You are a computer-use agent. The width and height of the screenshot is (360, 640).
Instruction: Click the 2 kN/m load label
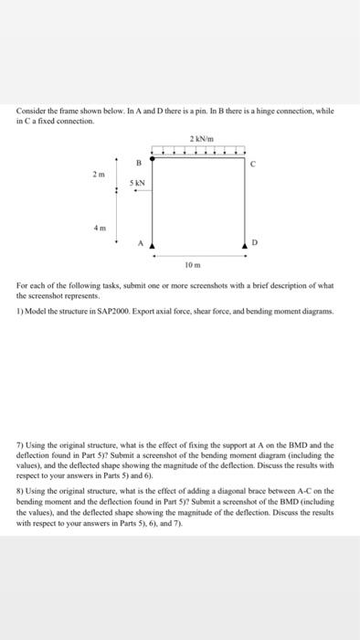(x=199, y=138)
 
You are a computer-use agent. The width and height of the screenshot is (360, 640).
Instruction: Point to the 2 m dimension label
(x=99, y=172)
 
